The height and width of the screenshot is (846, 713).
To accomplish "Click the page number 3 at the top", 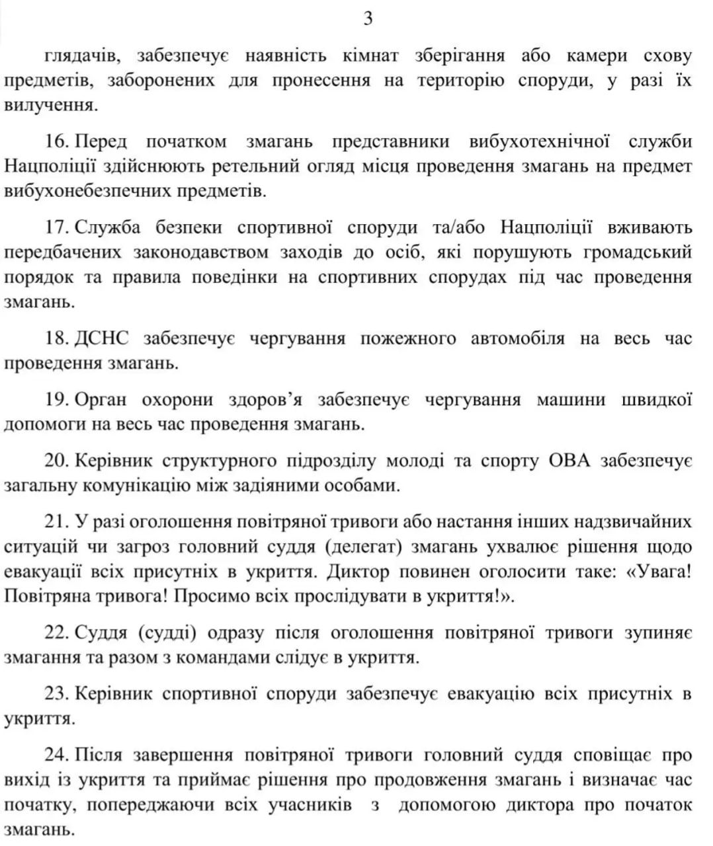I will click(368, 19).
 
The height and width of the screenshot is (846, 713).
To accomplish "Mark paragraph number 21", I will click(58, 521).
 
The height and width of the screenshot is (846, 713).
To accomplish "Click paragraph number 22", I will click(58, 633).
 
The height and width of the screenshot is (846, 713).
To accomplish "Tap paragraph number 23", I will click(58, 694).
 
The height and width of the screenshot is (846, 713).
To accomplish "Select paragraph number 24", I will click(58, 755).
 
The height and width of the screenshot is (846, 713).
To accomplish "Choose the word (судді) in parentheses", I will click(167, 633).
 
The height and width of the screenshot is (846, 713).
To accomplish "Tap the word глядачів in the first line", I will click(83, 56).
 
